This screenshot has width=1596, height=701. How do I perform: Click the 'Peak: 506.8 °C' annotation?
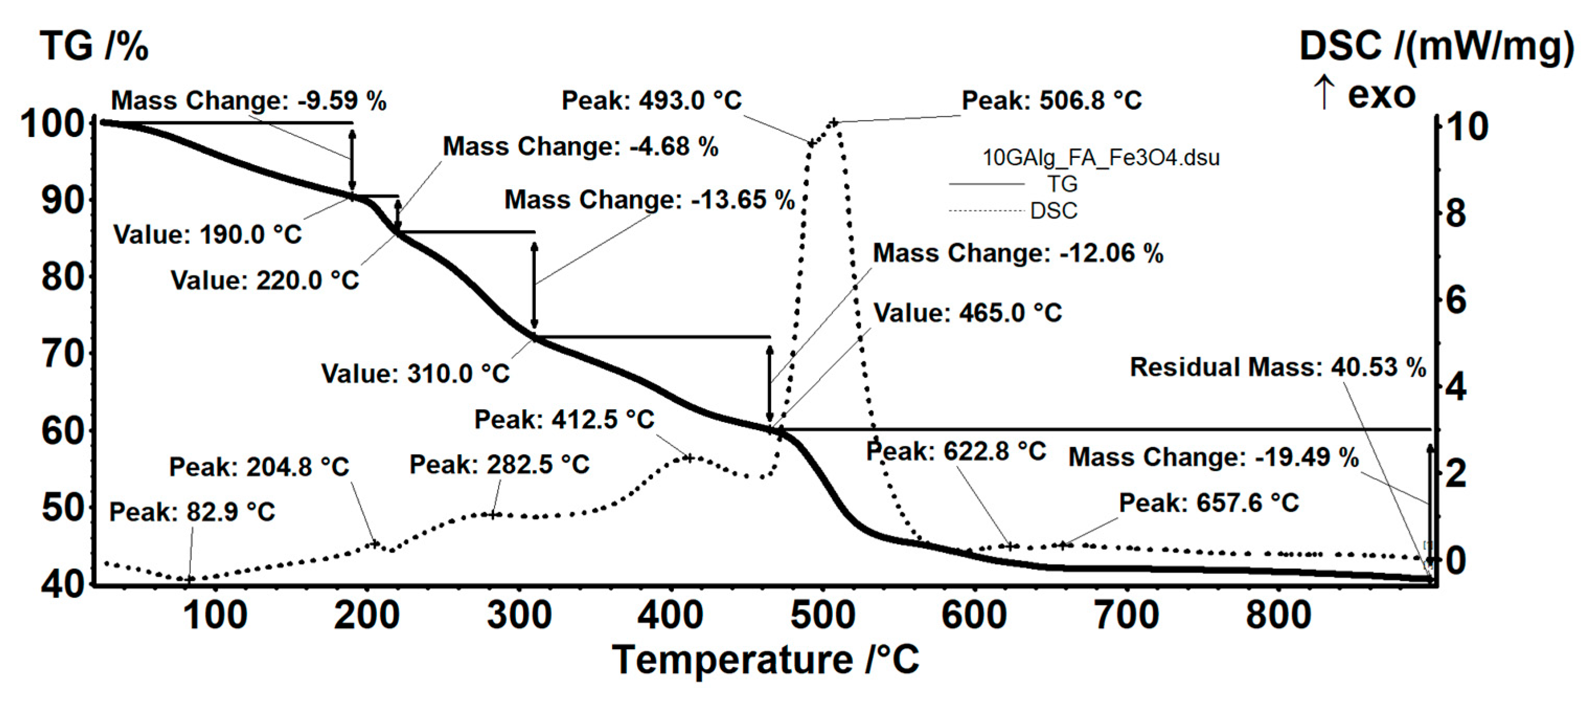click(x=1051, y=100)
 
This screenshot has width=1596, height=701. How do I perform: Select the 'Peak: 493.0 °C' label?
click(x=651, y=100)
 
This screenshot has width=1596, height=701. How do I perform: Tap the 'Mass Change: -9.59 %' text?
click(x=248, y=100)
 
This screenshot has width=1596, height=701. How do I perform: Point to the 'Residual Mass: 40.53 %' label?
click(x=1278, y=367)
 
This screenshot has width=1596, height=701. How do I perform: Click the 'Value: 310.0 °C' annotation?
click(x=415, y=374)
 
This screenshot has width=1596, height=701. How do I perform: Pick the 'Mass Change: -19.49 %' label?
click(x=1213, y=457)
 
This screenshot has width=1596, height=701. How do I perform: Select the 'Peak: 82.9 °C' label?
click(x=192, y=512)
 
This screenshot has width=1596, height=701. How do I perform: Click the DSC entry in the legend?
click(x=1053, y=211)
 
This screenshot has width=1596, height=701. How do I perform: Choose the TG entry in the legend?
click(x=1062, y=184)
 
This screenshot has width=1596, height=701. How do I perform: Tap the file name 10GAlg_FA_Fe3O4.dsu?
click(x=1101, y=157)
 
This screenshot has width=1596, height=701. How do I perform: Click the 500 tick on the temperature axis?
click(x=822, y=615)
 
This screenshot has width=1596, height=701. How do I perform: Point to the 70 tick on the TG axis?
click(x=63, y=354)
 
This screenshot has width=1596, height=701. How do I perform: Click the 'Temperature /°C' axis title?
click(x=765, y=660)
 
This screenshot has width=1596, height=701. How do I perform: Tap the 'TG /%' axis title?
click(x=94, y=47)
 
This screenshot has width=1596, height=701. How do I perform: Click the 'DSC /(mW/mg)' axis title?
click(x=1436, y=47)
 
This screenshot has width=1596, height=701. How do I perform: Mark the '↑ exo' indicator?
click(x=1365, y=94)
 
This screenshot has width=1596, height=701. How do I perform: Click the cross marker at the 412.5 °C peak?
click(x=688, y=458)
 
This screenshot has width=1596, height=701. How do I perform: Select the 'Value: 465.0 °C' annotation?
click(x=967, y=313)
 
